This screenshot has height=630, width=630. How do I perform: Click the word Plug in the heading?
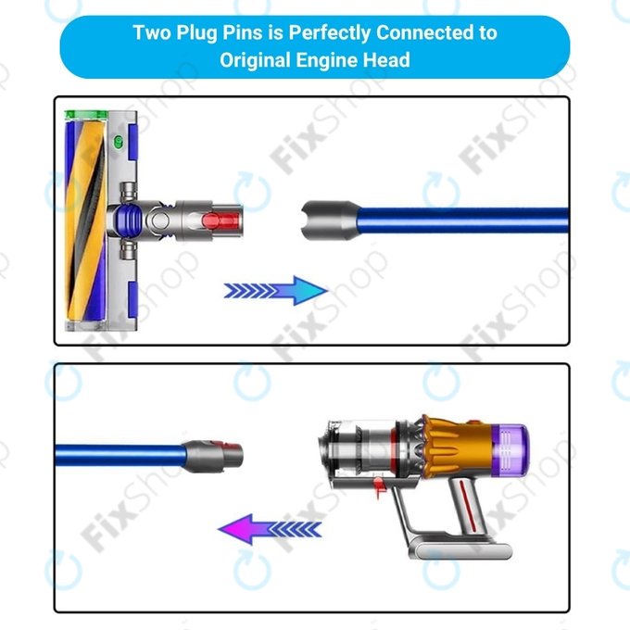tap(197, 33)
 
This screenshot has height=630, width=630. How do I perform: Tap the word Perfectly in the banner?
tap(330, 33)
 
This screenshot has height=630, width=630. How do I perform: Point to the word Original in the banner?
tap(255, 60)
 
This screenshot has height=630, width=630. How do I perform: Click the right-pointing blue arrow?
tap(276, 291)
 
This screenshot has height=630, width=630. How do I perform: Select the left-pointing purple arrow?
tap(270, 529)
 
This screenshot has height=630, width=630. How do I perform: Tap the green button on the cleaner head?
tap(119, 142)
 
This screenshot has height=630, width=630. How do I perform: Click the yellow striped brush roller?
tap(86, 220)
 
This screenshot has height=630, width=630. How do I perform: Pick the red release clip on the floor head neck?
tap(221, 220)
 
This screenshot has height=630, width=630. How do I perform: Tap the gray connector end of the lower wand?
tap(214, 455)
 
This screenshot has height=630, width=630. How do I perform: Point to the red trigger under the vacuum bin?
tap(378, 486)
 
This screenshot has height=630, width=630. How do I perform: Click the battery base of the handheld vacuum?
tap(462, 548)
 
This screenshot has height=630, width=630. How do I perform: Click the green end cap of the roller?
tap(86, 115)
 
